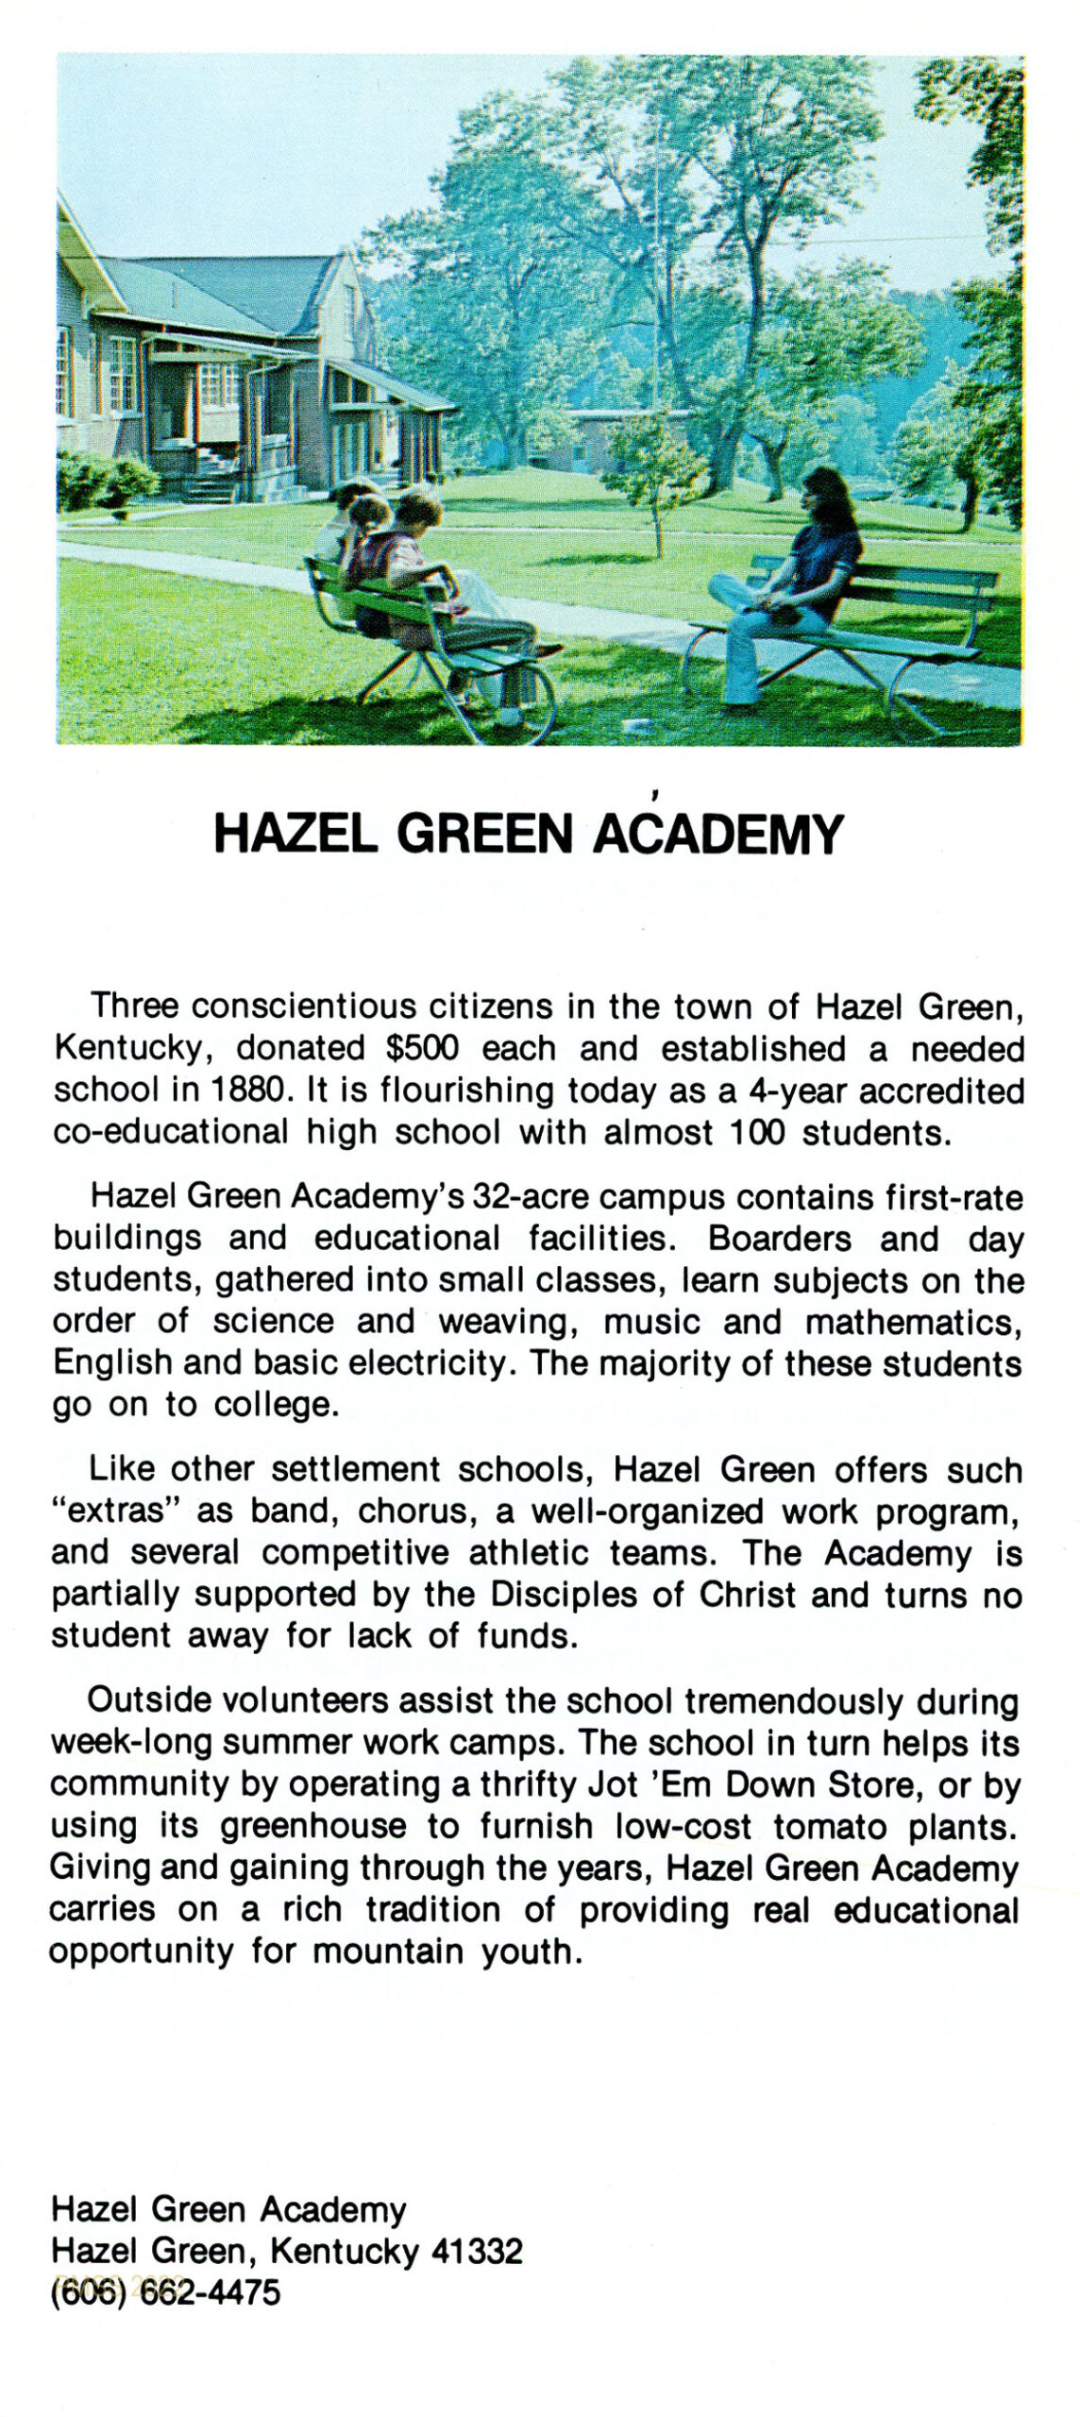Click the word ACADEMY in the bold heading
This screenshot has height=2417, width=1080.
[717, 834]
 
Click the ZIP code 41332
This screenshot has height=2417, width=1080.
[477, 2252]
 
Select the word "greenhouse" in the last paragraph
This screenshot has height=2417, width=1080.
[313, 1827]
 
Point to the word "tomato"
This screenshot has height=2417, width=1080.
[831, 1827]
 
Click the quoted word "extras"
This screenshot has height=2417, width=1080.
[115, 1512]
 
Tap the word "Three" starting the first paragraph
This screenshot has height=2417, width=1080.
[134, 1006]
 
